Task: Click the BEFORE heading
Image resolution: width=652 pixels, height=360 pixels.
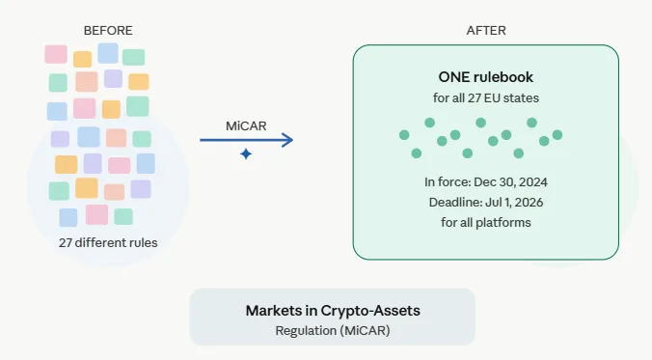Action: coord(108,31)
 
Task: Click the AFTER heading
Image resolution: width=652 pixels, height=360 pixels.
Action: coord(486,31)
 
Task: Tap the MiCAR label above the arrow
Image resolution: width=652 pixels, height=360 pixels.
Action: coord(246,126)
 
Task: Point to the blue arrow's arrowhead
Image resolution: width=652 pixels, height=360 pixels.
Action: coord(288,141)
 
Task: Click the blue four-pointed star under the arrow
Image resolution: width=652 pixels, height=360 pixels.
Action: coord(246,154)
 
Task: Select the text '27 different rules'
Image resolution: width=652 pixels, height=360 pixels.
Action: coord(108,242)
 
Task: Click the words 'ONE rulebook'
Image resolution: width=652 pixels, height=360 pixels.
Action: coord(485,78)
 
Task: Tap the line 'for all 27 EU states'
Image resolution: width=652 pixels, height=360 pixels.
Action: coord(485,98)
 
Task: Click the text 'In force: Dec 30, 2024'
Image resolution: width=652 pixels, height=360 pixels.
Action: coord(485,181)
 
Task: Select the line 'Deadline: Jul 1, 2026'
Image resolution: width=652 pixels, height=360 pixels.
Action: coord(485,202)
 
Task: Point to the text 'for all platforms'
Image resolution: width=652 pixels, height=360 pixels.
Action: coord(485,222)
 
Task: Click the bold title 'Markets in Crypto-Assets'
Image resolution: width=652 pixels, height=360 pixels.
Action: coord(332,311)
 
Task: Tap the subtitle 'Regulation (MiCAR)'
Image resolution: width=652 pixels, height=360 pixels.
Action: coord(332,330)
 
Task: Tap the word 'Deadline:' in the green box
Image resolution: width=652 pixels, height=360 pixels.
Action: coord(455,202)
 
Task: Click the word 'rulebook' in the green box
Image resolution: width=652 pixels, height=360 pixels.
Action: coord(502,78)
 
